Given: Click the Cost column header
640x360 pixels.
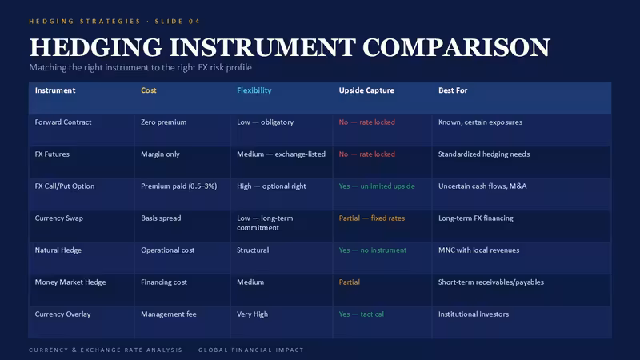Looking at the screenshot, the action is click(149, 90).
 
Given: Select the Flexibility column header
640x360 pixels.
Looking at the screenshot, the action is click(254, 90).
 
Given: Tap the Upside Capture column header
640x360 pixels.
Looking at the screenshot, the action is click(366, 90).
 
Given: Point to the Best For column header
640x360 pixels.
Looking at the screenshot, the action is click(453, 90).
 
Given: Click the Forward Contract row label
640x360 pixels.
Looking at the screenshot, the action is click(63, 122).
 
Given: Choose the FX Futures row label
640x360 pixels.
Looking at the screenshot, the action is click(52, 154).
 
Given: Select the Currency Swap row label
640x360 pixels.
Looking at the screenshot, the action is click(58, 218).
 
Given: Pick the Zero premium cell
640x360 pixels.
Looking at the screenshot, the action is click(164, 122).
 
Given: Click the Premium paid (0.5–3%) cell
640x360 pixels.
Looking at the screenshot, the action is click(178, 186).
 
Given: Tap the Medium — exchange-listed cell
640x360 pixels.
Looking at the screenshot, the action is click(282, 154).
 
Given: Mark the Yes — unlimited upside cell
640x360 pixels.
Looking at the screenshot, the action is click(377, 186).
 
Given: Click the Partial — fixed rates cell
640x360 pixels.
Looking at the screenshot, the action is click(372, 218).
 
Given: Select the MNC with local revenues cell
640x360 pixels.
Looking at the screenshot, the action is click(478, 250).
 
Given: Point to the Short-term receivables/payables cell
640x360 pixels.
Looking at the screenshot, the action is click(491, 282).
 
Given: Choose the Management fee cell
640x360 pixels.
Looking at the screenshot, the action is click(169, 314).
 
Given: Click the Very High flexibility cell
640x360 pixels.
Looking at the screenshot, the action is click(252, 314).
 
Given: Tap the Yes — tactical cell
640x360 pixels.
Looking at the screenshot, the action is click(362, 314).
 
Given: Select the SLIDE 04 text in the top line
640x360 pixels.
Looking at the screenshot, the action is click(178, 22).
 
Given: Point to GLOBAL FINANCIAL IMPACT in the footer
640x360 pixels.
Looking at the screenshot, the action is click(251, 350).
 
